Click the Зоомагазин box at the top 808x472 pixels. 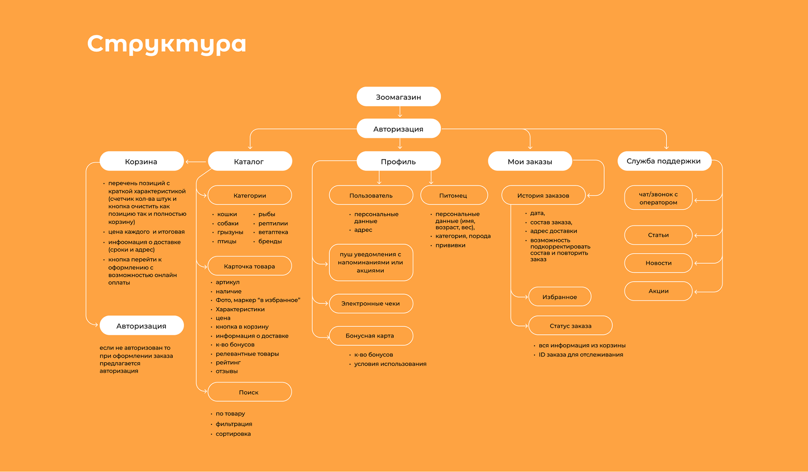[x=399, y=97]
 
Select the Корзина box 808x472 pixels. [x=141, y=161]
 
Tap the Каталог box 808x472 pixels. [x=250, y=161]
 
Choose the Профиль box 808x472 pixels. [x=399, y=161]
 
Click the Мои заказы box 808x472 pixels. [x=530, y=161]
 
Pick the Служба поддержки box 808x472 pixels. [x=664, y=161]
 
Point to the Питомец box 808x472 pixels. [x=454, y=196]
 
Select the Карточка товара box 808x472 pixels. [x=250, y=266]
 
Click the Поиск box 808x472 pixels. [x=250, y=392]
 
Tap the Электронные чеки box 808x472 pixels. [x=371, y=303]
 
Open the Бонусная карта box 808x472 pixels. [x=370, y=336]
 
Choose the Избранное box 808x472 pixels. [x=560, y=297]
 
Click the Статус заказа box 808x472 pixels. [x=570, y=326]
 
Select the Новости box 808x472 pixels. [x=659, y=263]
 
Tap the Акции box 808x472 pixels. [x=659, y=291]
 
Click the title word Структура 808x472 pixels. [x=167, y=44]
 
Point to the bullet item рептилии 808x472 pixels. [x=273, y=223]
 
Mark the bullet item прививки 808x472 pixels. [x=450, y=245]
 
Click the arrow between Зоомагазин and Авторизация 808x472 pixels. [x=400, y=112]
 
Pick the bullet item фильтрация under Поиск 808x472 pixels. [x=234, y=424]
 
